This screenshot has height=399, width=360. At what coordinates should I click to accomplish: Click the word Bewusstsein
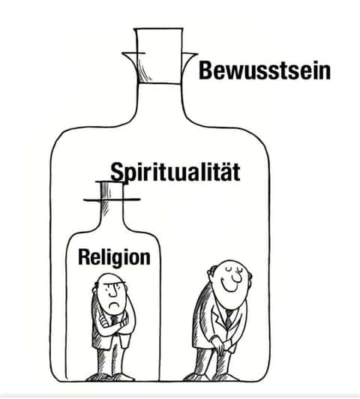coord(265,70)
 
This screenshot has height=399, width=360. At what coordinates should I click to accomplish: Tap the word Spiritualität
coord(175,172)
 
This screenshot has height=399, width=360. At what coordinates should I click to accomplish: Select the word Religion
coord(114,257)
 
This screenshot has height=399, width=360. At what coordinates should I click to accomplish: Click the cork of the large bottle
coord(159,55)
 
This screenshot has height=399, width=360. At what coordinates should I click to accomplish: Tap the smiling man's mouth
coord(229,286)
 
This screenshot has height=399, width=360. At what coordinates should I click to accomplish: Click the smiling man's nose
coord(237,277)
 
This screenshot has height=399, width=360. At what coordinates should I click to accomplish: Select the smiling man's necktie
coord(229,319)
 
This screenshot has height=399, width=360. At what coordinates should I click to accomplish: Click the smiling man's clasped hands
coord(219,346)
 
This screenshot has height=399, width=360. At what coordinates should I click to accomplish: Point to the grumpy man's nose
coord(112,293)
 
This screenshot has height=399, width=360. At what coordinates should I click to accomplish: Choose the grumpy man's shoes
coord(110,376)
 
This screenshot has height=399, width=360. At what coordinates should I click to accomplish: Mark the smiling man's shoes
coord(211,376)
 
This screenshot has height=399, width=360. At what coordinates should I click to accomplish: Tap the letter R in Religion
coord(83,256)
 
